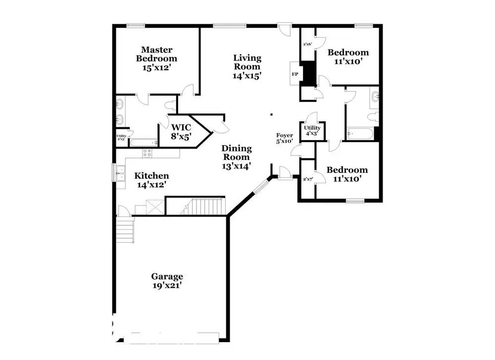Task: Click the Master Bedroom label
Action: coord(156,58)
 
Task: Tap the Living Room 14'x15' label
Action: coord(247,67)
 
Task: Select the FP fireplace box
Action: coord(295,74)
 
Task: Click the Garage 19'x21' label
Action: coord(167,281)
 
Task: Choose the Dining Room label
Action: coord(236,157)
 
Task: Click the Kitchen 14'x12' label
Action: coord(151,180)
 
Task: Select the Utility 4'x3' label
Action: coord(312,131)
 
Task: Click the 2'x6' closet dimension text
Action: coord(307,44)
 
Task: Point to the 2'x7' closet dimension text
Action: coord(307,179)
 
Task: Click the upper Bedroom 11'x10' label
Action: coord(348,57)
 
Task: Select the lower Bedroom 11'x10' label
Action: coord(347,174)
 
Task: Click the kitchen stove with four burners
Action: coord(147,154)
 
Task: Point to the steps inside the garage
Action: coord(125,231)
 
